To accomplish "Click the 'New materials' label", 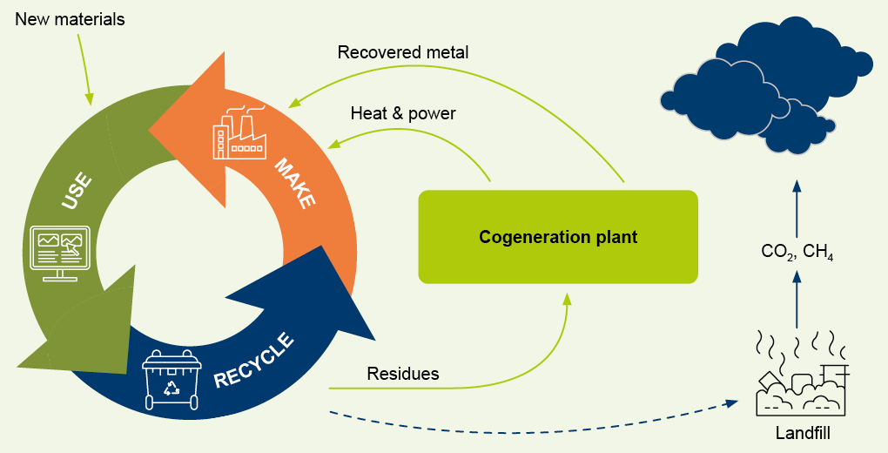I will coord(70,18).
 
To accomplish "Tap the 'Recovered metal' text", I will coord(403,52).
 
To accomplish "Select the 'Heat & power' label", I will coord(403,113).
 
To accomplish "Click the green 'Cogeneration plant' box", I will coord(558,237).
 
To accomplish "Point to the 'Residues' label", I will coord(402,374).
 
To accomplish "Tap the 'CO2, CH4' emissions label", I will coord(797,252).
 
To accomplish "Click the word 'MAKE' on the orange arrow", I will coord(295,184).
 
